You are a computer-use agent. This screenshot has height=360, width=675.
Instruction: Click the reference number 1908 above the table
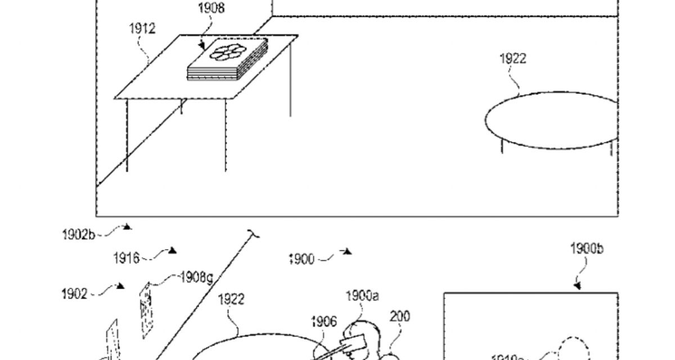coord(211,9)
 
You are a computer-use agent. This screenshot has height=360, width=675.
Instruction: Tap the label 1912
coord(142,29)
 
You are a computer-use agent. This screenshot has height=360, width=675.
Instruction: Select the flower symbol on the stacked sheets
coord(228,52)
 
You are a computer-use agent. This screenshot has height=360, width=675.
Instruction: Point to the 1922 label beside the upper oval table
coord(512,58)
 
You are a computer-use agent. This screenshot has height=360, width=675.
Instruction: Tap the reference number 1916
coord(126,258)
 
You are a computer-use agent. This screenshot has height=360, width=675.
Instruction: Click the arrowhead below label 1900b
coord(578,286)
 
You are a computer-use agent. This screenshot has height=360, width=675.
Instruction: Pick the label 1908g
coord(196,277)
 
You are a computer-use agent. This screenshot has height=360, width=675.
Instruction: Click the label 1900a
coord(362,295)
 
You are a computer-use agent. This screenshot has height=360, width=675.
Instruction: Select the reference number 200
coord(400,316)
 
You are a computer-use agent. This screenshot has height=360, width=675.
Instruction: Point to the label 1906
coord(324,322)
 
